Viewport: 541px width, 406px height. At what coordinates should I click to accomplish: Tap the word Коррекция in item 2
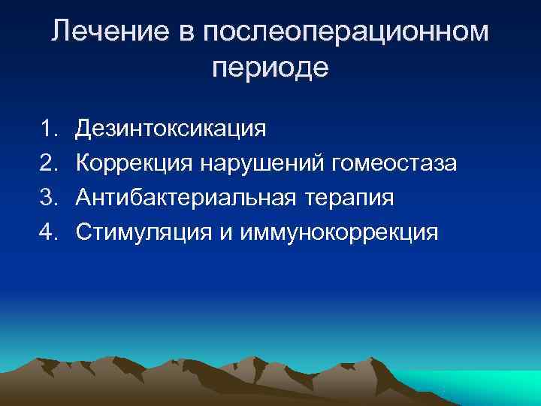[x=139, y=162]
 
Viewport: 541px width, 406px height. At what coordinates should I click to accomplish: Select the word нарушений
[x=270, y=162]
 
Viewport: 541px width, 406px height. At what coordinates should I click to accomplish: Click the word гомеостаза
[x=400, y=162]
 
